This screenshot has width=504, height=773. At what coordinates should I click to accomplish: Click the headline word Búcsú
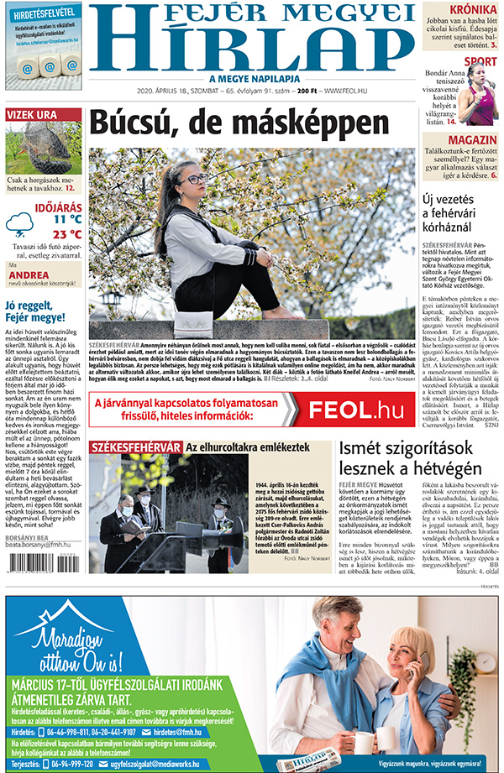tap(139, 124)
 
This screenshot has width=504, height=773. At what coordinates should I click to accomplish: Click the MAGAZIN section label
tap(472, 139)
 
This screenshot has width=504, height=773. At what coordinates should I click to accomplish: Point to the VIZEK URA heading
tap(32, 114)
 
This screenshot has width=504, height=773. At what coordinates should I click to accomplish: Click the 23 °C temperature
tap(67, 233)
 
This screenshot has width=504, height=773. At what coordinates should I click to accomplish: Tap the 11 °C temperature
tap(67, 218)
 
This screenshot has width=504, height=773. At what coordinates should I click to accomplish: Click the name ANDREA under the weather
tap(28, 274)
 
